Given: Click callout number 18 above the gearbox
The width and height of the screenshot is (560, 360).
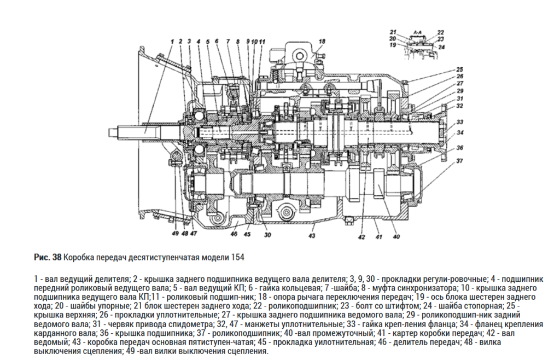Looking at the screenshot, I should [322, 41].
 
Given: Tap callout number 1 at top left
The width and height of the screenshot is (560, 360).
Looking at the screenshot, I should [172, 41].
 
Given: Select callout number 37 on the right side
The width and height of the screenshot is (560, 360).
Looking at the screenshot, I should [460, 161].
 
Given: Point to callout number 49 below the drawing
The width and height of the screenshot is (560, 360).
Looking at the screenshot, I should [174, 234].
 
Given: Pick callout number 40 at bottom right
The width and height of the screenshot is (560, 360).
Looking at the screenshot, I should [396, 237].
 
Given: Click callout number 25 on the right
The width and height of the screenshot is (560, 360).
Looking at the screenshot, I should [460, 69].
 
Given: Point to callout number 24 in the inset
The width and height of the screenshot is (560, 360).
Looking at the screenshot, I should [441, 47].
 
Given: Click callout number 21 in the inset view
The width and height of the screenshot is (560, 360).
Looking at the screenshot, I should [393, 32].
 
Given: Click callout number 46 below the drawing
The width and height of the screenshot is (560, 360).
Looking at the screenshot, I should [234, 234].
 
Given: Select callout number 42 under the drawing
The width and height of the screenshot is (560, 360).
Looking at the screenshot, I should [360, 237].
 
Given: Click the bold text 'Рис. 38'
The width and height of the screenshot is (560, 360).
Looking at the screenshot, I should [48, 257].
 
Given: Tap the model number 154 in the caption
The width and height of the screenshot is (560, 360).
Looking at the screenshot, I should [237, 257].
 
